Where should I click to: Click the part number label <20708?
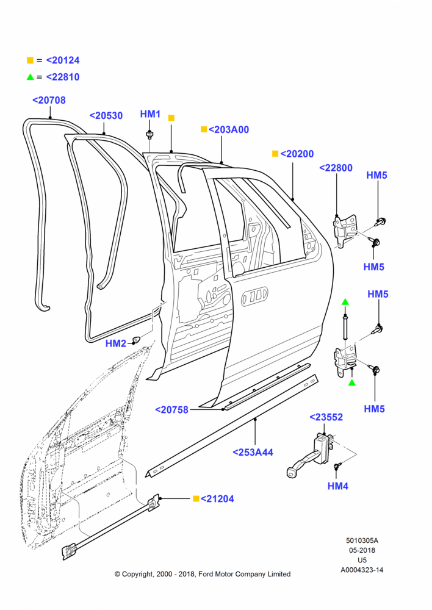49,100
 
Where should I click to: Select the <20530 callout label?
106,115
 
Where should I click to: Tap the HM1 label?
150,114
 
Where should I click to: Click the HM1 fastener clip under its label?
149,135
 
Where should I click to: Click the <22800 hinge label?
336,168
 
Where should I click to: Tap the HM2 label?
116,343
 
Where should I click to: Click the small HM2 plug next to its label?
136,339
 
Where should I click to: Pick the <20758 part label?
171,410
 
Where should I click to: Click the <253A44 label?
253,452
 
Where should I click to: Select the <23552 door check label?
326,417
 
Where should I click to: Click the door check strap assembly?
311,455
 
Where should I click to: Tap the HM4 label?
338,486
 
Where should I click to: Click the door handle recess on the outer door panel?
255,297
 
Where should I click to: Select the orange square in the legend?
30,60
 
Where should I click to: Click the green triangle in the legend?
30,77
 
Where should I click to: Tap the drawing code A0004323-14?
362,570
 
